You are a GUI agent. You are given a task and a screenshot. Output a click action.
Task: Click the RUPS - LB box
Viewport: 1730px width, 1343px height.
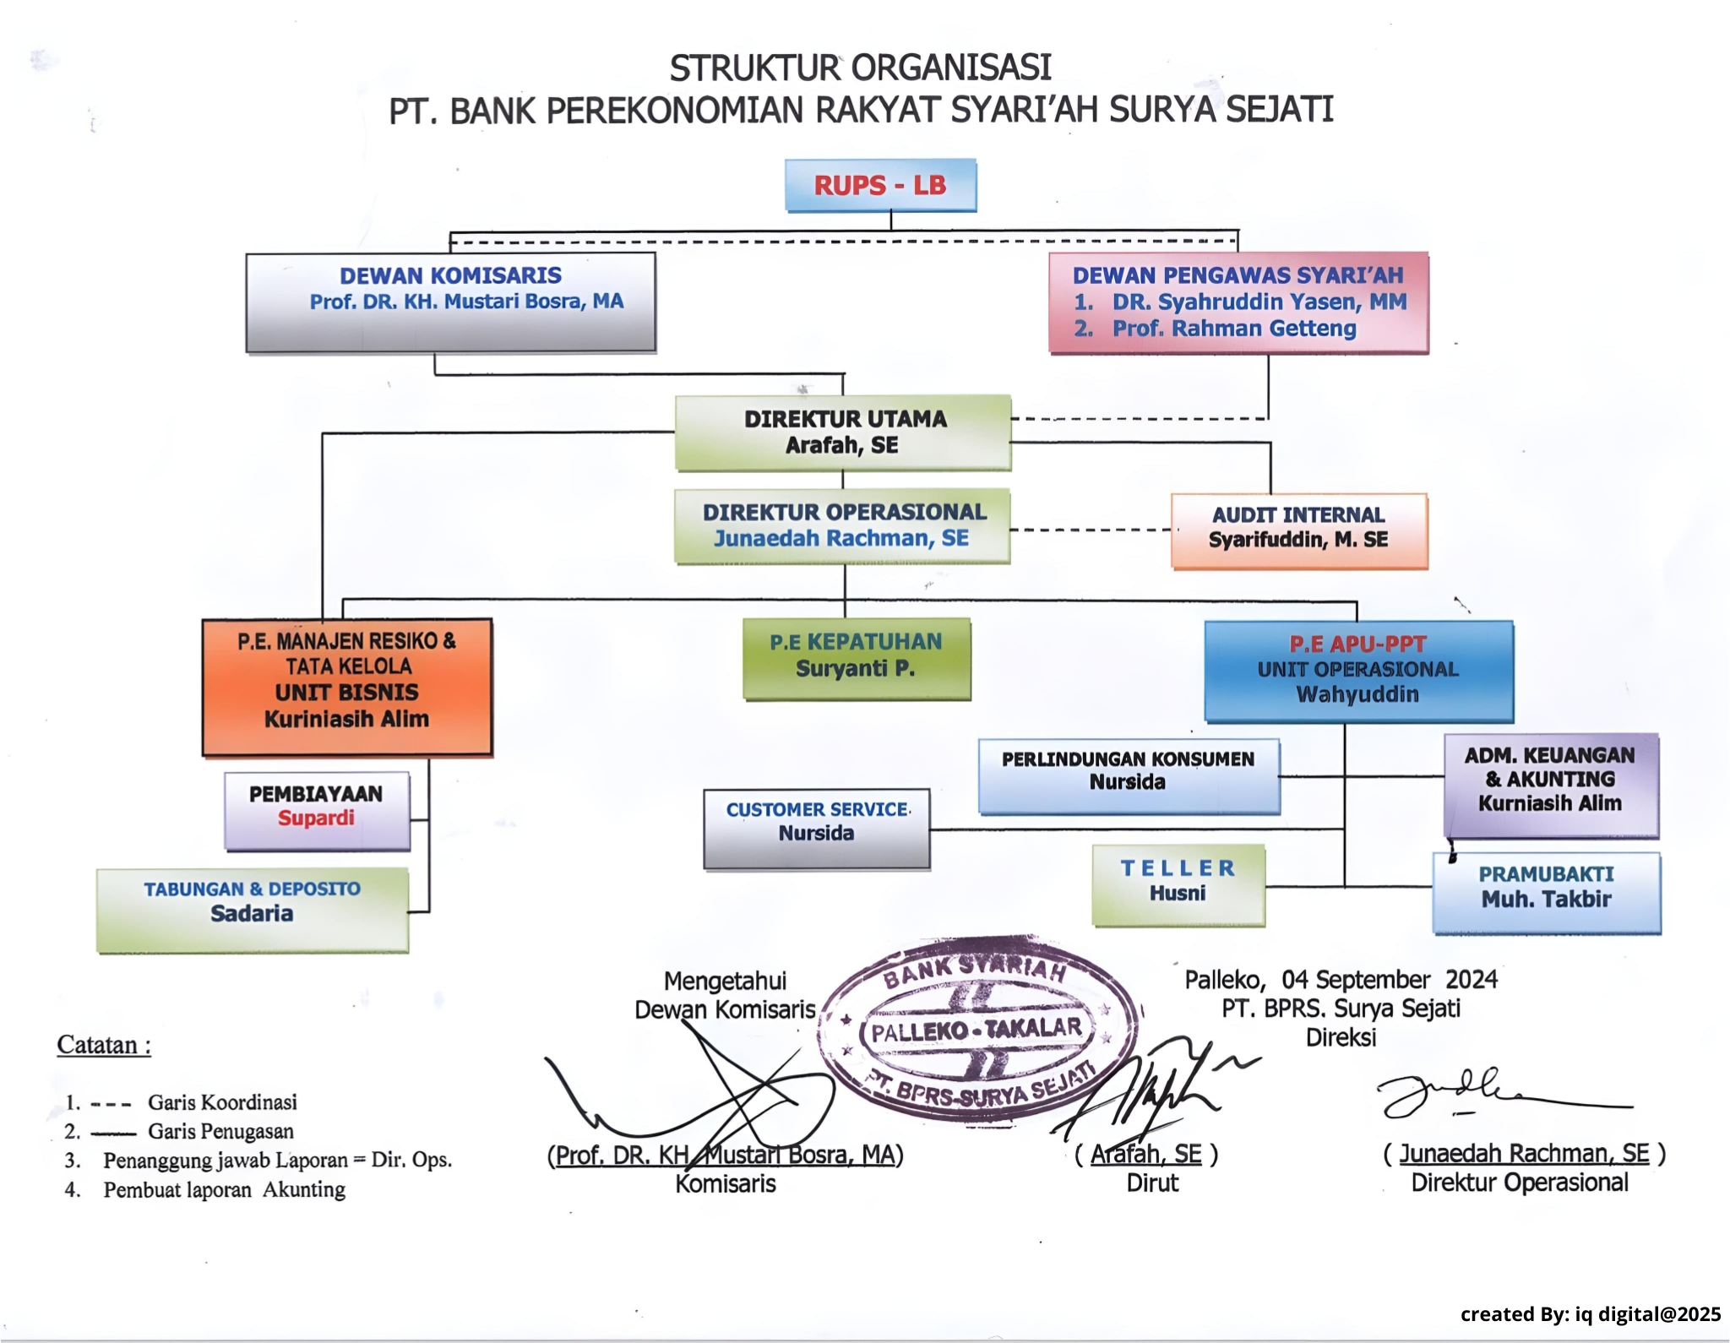click(x=880, y=185)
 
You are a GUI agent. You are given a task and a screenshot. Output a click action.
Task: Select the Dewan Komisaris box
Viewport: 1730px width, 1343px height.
click(x=450, y=302)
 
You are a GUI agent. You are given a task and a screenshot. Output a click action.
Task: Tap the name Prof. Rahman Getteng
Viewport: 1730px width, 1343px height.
click(x=1233, y=329)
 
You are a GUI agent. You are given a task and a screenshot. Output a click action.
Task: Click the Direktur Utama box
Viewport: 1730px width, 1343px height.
click(x=843, y=432)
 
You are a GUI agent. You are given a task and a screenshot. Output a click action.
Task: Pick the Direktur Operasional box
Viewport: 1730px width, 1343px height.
click(x=842, y=525)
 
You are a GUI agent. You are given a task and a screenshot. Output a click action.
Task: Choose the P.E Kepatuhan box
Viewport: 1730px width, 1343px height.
click(x=856, y=658)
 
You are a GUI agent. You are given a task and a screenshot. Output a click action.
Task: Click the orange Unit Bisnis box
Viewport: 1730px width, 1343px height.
click(x=347, y=686)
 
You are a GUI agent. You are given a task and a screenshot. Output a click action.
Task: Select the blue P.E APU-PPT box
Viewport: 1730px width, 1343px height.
click(x=1358, y=671)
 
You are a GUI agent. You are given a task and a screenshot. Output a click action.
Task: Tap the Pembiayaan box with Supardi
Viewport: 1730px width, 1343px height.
click(x=317, y=809)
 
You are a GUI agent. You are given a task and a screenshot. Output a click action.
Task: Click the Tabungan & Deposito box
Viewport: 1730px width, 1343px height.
click(x=253, y=910)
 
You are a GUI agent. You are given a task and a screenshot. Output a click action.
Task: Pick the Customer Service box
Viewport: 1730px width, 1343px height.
click(x=816, y=828)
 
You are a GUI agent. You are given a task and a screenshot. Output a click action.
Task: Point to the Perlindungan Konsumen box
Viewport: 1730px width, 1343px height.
click(x=1129, y=775)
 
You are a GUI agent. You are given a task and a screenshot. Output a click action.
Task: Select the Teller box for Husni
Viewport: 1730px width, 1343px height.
click(x=1178, y=884)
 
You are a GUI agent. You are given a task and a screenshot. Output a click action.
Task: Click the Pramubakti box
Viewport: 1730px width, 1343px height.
click(x=1546, y=892)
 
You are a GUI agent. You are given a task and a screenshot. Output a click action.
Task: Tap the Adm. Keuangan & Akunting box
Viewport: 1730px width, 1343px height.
click(x=1550, y=784)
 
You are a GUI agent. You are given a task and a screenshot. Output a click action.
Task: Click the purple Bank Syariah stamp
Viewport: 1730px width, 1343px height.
click(x=978, y=1030)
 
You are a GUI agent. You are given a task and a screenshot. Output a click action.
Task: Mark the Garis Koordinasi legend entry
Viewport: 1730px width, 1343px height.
click(x=221, y=1102)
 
